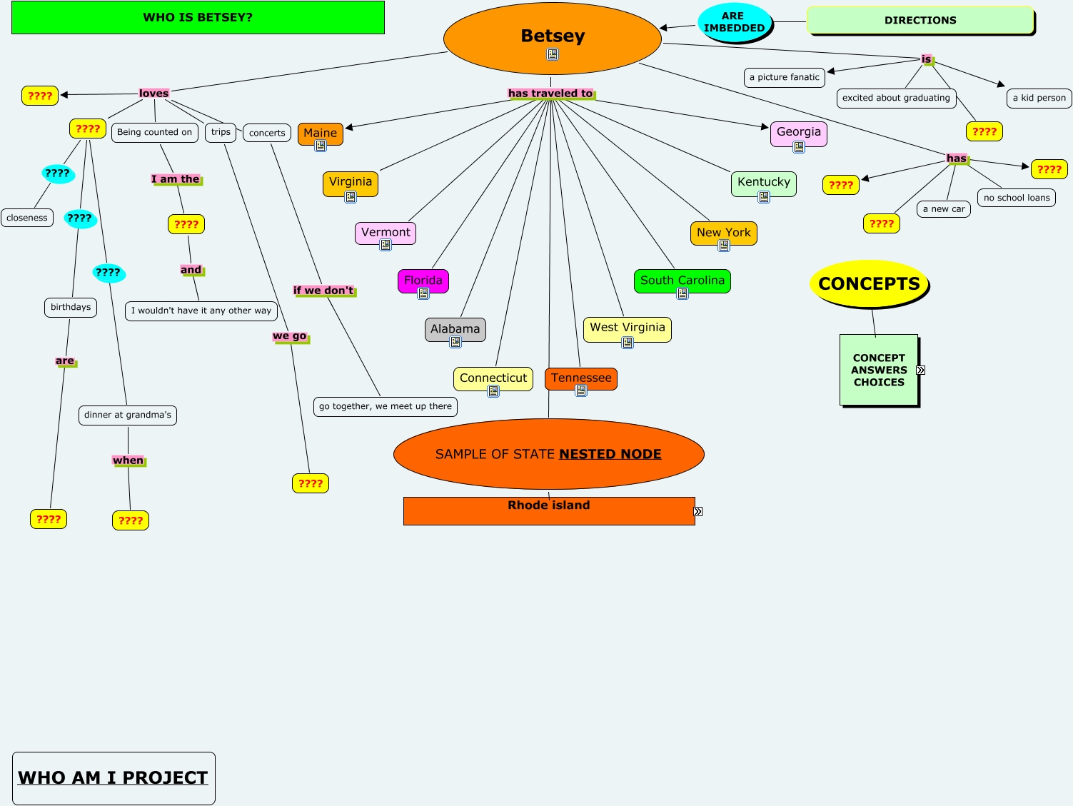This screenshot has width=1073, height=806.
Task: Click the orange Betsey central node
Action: click(552, 36)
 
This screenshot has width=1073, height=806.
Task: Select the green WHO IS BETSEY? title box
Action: click(198, 18)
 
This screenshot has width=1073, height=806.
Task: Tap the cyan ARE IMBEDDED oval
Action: click(734, 22)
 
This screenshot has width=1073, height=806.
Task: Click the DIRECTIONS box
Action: click(920, 20)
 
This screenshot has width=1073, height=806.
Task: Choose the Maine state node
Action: click(320, 133)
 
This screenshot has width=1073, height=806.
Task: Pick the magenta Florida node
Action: click(423, 281)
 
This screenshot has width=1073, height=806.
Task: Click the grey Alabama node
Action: click(455, 329)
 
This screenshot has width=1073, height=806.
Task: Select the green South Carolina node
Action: click(682, 281)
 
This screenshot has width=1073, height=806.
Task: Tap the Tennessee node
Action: click(580, 378)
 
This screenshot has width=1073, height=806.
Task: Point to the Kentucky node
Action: click(763, 182)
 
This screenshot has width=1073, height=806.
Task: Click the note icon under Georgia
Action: click(799, 147)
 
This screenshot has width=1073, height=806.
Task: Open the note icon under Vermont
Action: click(386, 246)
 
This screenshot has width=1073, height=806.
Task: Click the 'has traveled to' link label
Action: click(550, 94)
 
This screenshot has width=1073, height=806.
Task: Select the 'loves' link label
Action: click(153, 94)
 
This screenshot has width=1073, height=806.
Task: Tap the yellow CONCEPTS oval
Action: click(869, 283)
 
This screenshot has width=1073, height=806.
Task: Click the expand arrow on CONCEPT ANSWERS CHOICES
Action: click(921, 370)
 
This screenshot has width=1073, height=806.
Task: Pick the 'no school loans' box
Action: click(1016, 198)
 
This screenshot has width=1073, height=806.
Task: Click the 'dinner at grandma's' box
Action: click(128, 415)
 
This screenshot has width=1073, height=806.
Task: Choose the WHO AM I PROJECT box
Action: click(114, 777)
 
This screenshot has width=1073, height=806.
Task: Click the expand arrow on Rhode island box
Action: click(698, 511)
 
